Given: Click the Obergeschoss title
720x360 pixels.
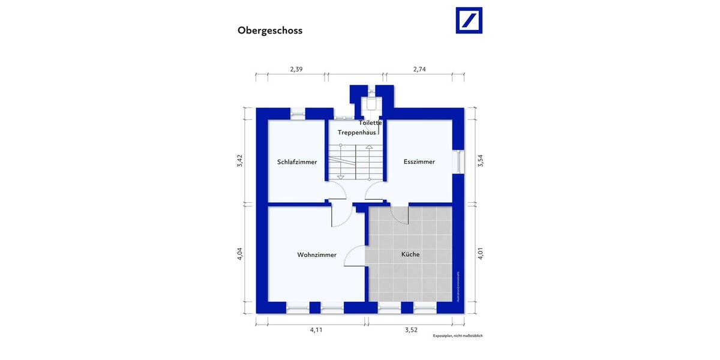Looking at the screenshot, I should (x=270, y=31).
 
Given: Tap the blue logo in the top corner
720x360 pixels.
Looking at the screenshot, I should (x=469, y=20).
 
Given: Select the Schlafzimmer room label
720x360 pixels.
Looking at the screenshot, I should (x=297, y=162).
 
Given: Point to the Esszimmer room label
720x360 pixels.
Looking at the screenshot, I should (x=419, y=161).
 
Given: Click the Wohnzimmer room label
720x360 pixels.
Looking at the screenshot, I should (x=317, y=255).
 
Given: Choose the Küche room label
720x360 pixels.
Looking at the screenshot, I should (x=410, y=254).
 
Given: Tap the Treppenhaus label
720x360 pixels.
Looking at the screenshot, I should (x=357, y=132).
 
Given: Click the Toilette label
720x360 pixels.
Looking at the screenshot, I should (x=370, y=123).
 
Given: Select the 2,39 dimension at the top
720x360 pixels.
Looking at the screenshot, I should (x=296, y=70).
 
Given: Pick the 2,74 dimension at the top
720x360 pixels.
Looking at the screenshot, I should (x=419, y=70).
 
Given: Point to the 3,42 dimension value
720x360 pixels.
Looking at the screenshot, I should (x=239, y=161).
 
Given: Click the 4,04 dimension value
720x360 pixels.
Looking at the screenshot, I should (x=239, y=254).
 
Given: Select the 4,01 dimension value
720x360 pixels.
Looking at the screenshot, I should (x=480, y=254).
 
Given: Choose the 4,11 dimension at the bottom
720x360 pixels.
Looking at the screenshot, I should (x=317, y=329).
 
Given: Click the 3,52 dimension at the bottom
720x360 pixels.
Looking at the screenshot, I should (x=411, y=329).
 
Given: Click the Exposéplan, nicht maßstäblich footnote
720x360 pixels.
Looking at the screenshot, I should (x=457, y=335).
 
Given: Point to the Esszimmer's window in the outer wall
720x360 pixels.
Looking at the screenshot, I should (x=459, y=161).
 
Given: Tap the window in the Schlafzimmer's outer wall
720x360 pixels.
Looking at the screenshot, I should (x=298, y=112).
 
